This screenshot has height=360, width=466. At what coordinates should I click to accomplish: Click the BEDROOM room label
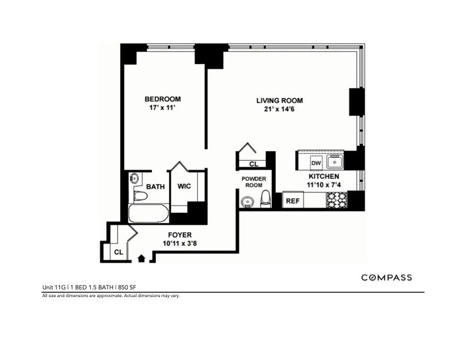point(163,99)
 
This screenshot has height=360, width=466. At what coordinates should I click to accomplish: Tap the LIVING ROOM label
point(279,101)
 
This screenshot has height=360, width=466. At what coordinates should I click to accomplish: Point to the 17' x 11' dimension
point(163,108)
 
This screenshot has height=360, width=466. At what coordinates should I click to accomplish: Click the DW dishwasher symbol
point(316,163)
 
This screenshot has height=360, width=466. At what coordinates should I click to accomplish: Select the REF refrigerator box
point(292,201)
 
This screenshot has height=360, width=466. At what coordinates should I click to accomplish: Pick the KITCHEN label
point(324,176)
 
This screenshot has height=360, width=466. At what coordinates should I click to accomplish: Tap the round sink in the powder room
point(247,202)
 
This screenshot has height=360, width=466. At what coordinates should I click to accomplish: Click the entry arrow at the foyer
point(141,257)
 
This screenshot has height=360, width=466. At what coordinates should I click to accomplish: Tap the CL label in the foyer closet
point(118,252)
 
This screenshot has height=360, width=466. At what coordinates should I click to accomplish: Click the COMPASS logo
point(386,278)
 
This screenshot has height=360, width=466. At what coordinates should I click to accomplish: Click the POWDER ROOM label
point(254,182)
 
